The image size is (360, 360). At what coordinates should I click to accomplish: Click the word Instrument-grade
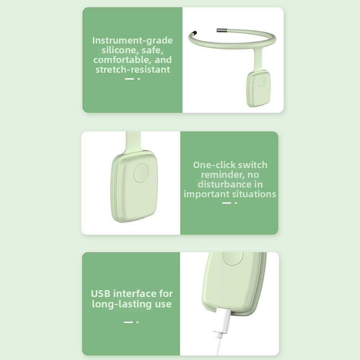[132, 40]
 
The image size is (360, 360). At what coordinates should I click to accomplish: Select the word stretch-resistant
[132, 69]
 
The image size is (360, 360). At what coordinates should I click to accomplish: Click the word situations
[253, 194]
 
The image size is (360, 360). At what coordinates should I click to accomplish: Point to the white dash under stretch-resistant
[129, 78]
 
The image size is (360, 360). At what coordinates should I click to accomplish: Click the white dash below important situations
[226, 203]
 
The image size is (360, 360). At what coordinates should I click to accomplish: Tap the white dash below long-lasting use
[128, 322]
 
